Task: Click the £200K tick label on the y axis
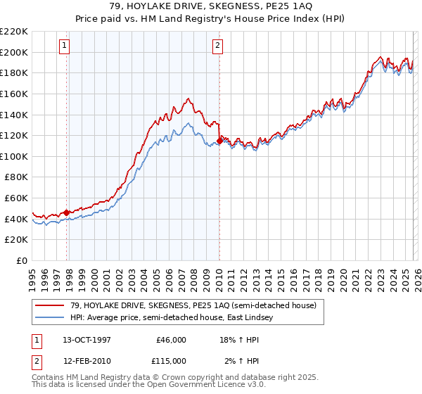coord(14,52)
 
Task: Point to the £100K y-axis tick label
coord(14,156)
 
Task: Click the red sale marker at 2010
coord(219,141)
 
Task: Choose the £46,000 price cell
coord(171,339)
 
